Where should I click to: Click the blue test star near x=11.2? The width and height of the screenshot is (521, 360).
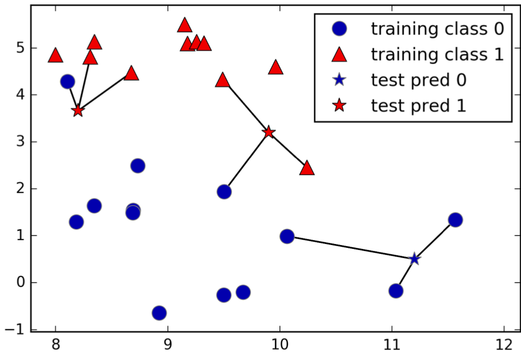point(415,259)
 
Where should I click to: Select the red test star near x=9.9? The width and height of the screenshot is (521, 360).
point(269,132)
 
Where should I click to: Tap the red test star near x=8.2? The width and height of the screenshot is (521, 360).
point(78,110)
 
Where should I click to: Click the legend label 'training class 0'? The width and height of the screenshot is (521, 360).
point(437,29)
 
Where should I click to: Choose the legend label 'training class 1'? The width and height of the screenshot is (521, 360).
point(437,54)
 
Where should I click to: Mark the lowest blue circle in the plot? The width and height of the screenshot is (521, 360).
point(159,313)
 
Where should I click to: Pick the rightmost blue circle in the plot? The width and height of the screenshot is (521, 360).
point(455,220)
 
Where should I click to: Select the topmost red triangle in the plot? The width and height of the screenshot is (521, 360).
point(185,25)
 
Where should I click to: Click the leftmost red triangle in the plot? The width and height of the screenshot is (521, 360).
point(55,55)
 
